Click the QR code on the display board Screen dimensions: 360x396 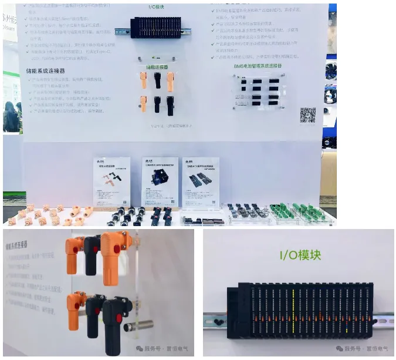[307, 115]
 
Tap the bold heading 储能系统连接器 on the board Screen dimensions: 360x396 [46, 71]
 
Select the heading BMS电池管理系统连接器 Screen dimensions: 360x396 [257, 66]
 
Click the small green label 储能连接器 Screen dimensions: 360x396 [157, 68]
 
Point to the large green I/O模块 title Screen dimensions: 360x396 [299, 255]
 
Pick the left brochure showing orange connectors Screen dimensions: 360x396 [112, 181]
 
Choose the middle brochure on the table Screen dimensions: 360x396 [160, 181]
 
